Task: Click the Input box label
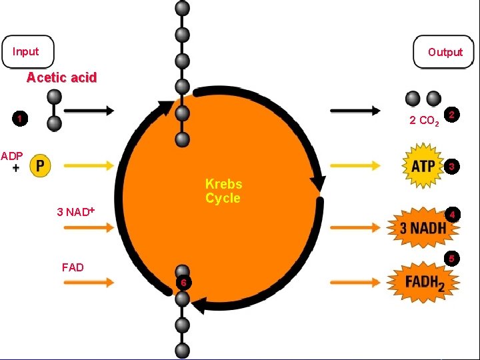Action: point(26,51)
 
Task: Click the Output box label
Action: point(445,52)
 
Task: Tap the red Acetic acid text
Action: point(61,78)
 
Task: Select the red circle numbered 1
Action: point(21,119)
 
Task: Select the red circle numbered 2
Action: point(453,115)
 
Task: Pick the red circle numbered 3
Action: point(452,165)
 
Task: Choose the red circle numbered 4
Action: point(452,215)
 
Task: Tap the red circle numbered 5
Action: point(452,259)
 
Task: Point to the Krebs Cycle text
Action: point(223,191)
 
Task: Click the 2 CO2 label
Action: point(423,121)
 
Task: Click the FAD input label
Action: point(73,267)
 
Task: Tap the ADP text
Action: point(12,156)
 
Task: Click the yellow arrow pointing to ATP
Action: point(357,164)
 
